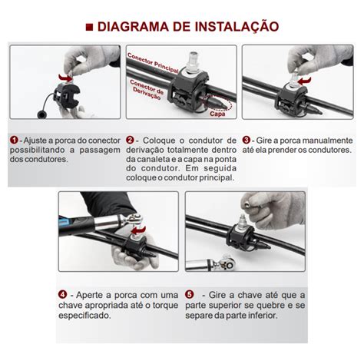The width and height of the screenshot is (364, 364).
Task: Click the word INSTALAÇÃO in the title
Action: [237, 28]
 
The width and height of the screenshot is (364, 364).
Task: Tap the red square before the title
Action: [89, 28]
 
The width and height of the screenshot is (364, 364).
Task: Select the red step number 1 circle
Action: [14, 141]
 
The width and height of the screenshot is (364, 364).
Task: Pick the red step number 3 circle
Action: [246, 141]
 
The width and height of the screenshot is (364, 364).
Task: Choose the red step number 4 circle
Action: [62, 294]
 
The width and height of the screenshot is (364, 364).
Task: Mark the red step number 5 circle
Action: [189, 294]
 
